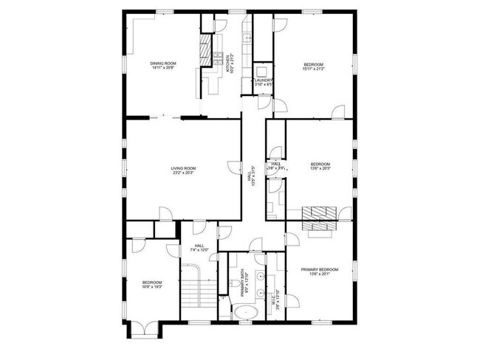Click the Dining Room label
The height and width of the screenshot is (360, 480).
click(x=163, y=63)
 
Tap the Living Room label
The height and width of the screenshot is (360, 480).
click(x=183, y=168)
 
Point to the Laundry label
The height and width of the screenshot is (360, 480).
click(x=264, y=80)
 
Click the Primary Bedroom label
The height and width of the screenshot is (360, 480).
click(x=320, y=270)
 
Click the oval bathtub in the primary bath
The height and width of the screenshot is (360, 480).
click(x=244, y=313)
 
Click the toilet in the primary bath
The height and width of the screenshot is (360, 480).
click(x=224, y=303)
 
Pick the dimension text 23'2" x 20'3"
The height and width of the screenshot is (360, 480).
click(x=183, y=173)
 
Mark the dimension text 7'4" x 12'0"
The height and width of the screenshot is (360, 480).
click(x=199, y=250)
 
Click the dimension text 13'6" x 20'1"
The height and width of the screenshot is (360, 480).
click(x=320, y=275)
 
